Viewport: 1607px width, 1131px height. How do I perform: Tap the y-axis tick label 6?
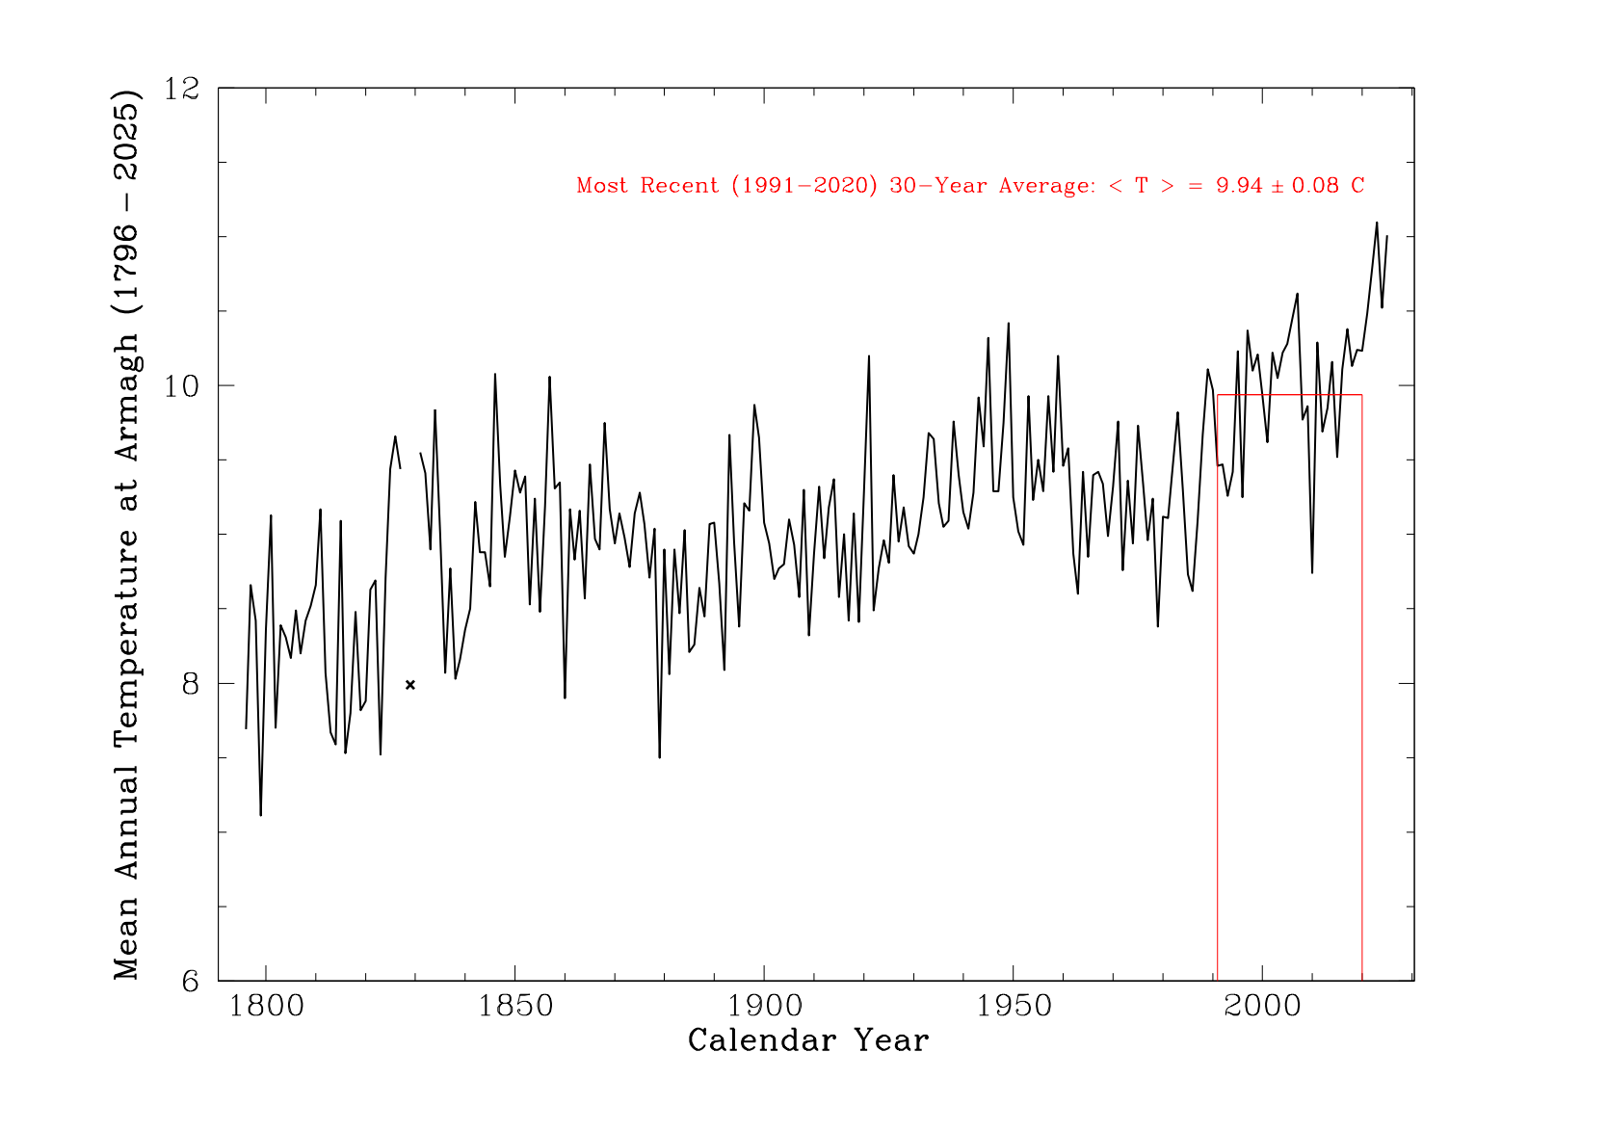coord(190,982)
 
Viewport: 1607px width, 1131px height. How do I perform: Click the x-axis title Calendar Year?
coord(808,1041)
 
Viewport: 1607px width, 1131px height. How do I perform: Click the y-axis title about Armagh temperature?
coord(127,535)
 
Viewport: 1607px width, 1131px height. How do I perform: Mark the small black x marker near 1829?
coord(410,685)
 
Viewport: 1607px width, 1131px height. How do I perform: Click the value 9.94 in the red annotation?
coord(1239,186)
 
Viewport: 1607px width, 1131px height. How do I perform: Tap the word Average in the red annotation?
coord(1045,186)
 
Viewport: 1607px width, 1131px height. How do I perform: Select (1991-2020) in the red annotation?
coord(803,186)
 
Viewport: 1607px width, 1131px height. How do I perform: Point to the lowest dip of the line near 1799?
coord(260,815)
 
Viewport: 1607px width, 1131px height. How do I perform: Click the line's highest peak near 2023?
coord(1377,223)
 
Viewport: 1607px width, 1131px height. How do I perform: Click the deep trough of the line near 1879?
coord(659,757)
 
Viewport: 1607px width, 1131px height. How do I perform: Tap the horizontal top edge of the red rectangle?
coord(1289,395)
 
